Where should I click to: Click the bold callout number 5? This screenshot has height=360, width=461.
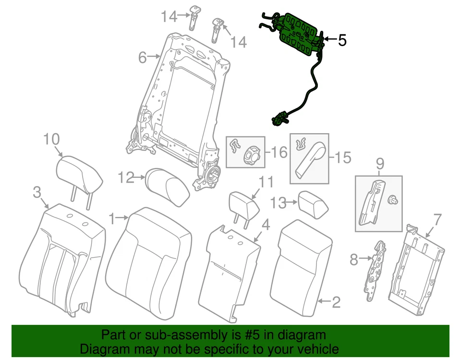click(x=341, y=40)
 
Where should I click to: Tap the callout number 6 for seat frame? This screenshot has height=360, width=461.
click(x=142, y=58)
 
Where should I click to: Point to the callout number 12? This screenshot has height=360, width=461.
click(x=126, y=178)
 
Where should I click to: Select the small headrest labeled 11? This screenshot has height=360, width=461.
click(x=244, y=204)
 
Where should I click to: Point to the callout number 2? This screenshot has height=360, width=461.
click(x=336, y=302)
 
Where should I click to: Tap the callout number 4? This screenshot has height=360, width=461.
click(x=265, y=224)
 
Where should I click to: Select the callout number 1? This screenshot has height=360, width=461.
click(x=112, y=219)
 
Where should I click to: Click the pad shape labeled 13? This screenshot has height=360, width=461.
click(x=314, y=204)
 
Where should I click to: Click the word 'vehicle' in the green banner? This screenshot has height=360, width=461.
click(x=315, y=349)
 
